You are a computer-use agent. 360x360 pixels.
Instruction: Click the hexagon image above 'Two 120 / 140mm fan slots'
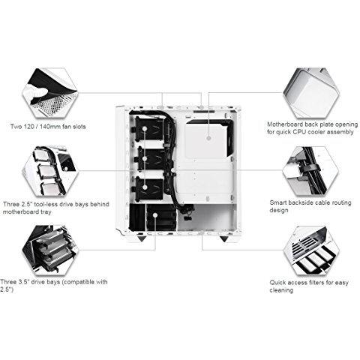click(50, 92)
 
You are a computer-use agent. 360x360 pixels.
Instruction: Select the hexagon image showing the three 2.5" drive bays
click(50, 171)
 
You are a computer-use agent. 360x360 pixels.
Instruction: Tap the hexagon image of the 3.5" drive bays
click(50, 250)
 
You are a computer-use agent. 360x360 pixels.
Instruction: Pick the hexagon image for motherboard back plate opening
click(311, 93)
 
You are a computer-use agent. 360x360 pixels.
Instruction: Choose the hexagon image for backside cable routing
click(311, 171)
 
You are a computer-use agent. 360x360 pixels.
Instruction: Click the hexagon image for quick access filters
click(311, 250)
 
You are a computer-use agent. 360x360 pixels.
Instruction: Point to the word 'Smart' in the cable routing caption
click(279, 202)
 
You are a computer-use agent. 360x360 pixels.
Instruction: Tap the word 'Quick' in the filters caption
click(278, 283)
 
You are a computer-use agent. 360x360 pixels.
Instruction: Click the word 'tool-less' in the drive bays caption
click(47, 204)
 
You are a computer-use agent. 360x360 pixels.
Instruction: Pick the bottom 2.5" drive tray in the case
click(149, 188)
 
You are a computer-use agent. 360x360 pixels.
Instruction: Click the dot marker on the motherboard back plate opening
click(209, 138)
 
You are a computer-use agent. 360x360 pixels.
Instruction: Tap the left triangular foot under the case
click(142, 238)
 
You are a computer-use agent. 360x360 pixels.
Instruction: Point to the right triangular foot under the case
click(223, 238)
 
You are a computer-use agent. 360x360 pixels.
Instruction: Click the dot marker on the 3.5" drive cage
click(155, 215)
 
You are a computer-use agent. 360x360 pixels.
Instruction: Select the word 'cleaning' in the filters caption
click(281, 290)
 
